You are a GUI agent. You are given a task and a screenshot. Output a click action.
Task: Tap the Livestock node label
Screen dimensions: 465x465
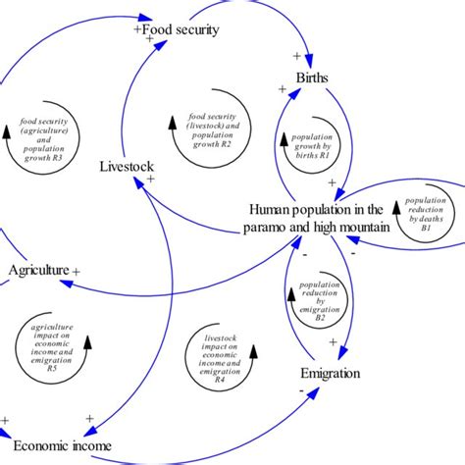coord(127,167)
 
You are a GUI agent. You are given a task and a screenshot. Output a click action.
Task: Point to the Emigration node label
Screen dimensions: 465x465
coord(331,374)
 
